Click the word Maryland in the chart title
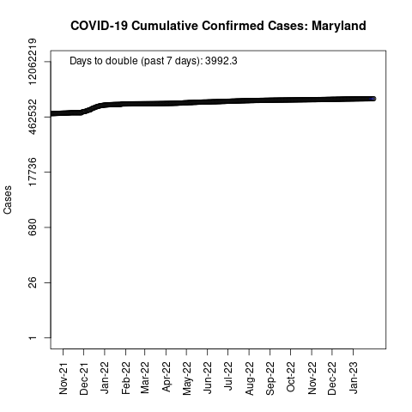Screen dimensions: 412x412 pyautogui.click(x=339, y=26)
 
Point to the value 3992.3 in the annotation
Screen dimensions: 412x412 pyautogui.click(x=221, y=61)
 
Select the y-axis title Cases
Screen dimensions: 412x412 pyautogui.click(x=8, y=200)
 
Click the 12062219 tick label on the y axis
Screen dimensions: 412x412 pyautogui.click(x=33, y=62)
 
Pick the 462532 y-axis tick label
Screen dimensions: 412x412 pyautogui.click(x=33, y=117)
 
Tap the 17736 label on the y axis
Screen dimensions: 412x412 pyautogui.click(x=33, y=172)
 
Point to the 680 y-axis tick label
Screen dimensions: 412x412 pyautogui.click(x=33, y=227)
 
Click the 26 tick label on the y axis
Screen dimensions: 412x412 pyautogui.click(x=33, y=282)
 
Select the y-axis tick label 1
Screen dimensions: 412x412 pyautogui.click(x=33, y=338)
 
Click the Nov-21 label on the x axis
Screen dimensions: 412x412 pyautogui.click(x=64, y=379)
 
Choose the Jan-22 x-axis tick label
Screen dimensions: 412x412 pyautogui.click(x=105, y=378)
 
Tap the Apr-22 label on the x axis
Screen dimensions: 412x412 pyautogui.click(x=167, y=377)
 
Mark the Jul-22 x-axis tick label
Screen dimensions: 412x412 pyautogui.click(x=228, y=376)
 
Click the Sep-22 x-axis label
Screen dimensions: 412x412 pyautogui.click(x=270, y=379)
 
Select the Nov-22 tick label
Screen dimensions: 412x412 pyautogui.click(x=312, y=379)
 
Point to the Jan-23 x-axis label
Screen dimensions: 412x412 pyautogui.click(x=354, y=378)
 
